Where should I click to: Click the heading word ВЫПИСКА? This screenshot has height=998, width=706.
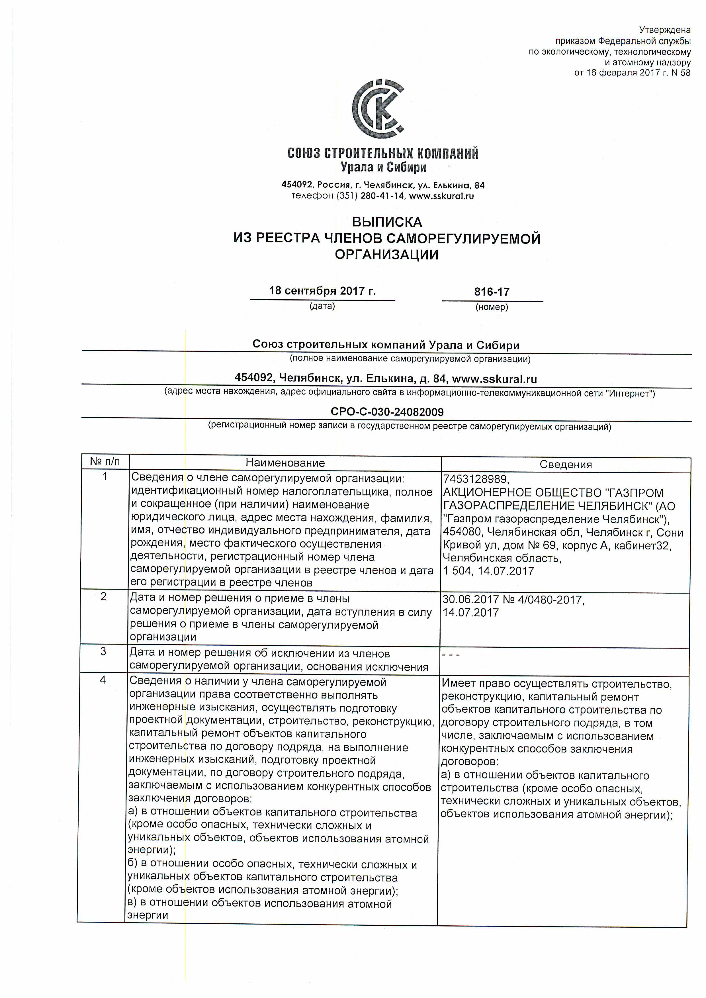pyautogui.click(x=386, y=222)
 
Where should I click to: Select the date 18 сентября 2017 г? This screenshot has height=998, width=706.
pyautogui.click(x=322, y=291)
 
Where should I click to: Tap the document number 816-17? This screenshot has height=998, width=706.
pyautogui.click(x=492, y=292)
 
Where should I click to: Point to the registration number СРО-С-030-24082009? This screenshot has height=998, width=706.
pyautogui.click(x=387, y=412)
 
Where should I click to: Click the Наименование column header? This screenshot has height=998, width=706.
pyautogui.click(x=285, y=463)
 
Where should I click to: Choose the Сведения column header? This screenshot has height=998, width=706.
pyautogui.click(x=566, y=464)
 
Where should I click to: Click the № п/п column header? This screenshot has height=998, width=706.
pyautogui.click(x=105, y=461)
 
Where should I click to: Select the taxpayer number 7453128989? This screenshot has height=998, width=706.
pyautogui.click(x=475, y=479)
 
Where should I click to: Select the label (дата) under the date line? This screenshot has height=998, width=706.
pyautogui.click(x=322, y=306)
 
